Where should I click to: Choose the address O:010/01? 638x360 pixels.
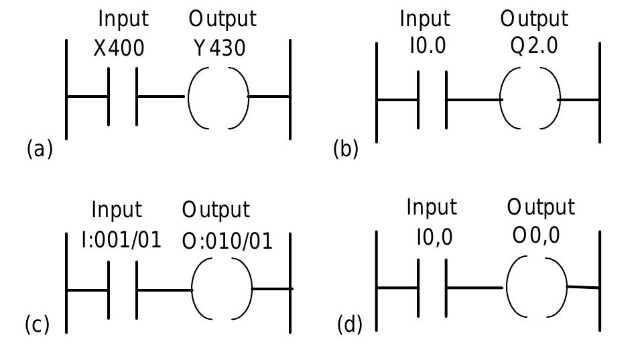227,240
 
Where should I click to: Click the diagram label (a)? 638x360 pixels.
39,148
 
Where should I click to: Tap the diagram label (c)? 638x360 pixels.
37,326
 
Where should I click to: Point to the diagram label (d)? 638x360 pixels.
350,326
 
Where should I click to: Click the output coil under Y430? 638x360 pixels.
218,97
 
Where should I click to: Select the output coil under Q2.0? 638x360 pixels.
530,100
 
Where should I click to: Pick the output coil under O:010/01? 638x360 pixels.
222,289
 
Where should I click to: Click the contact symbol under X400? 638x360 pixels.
123,97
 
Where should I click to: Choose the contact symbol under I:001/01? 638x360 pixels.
123,290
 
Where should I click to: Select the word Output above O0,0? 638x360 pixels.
541,207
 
